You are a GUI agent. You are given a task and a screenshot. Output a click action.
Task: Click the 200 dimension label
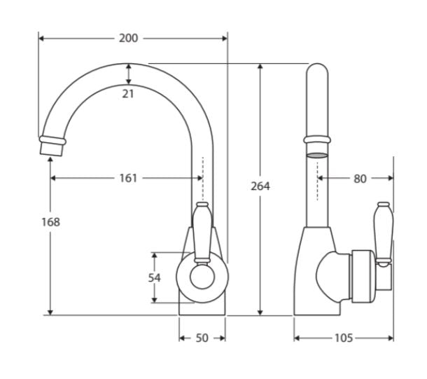(x=128, y=38)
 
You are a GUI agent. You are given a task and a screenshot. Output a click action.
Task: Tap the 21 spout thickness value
(x=128, y=94)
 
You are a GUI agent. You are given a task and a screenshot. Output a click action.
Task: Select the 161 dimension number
(x=128, y=178)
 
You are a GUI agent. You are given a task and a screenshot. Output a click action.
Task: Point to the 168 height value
(x=50, y=222)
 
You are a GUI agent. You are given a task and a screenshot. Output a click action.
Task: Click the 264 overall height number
(x=260, y=186)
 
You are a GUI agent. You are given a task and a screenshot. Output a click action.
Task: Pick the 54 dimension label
(x=155, y=277)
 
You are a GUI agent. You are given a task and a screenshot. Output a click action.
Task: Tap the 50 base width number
(x=202, y=338)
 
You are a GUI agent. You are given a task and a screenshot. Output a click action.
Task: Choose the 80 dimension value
(x=360, y=179)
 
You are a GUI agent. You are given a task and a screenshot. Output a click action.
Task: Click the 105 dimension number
(x=344, y=338)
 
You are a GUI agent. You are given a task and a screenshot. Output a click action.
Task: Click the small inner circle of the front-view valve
(x=202, y=277)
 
